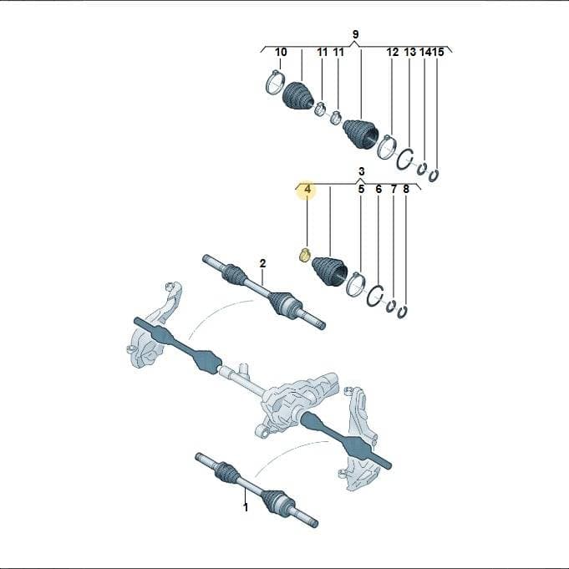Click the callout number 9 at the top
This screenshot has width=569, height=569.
[355, 34]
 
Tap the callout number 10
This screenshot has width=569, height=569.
[281, 53]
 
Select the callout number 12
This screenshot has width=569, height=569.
[392, 53]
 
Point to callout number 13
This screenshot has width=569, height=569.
[409, 53]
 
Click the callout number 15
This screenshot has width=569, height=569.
[439, 53]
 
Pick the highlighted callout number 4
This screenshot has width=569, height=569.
[307, 189]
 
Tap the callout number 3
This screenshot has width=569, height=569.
[361, 171]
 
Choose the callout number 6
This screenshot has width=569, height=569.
[378, 189]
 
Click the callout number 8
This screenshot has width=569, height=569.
[406, 189]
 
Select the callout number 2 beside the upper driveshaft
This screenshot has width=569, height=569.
[262, 263]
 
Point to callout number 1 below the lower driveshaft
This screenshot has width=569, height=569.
[246, 507]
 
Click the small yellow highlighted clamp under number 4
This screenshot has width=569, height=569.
[304, 256]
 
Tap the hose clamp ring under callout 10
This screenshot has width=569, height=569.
[276, 82]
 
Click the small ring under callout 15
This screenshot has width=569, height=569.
[434, 175]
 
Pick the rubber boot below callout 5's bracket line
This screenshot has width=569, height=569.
[329, 271]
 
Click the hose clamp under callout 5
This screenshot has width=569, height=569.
[356, 284]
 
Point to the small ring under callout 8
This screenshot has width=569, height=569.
[402, 312]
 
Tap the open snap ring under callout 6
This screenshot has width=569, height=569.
[375, 296]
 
